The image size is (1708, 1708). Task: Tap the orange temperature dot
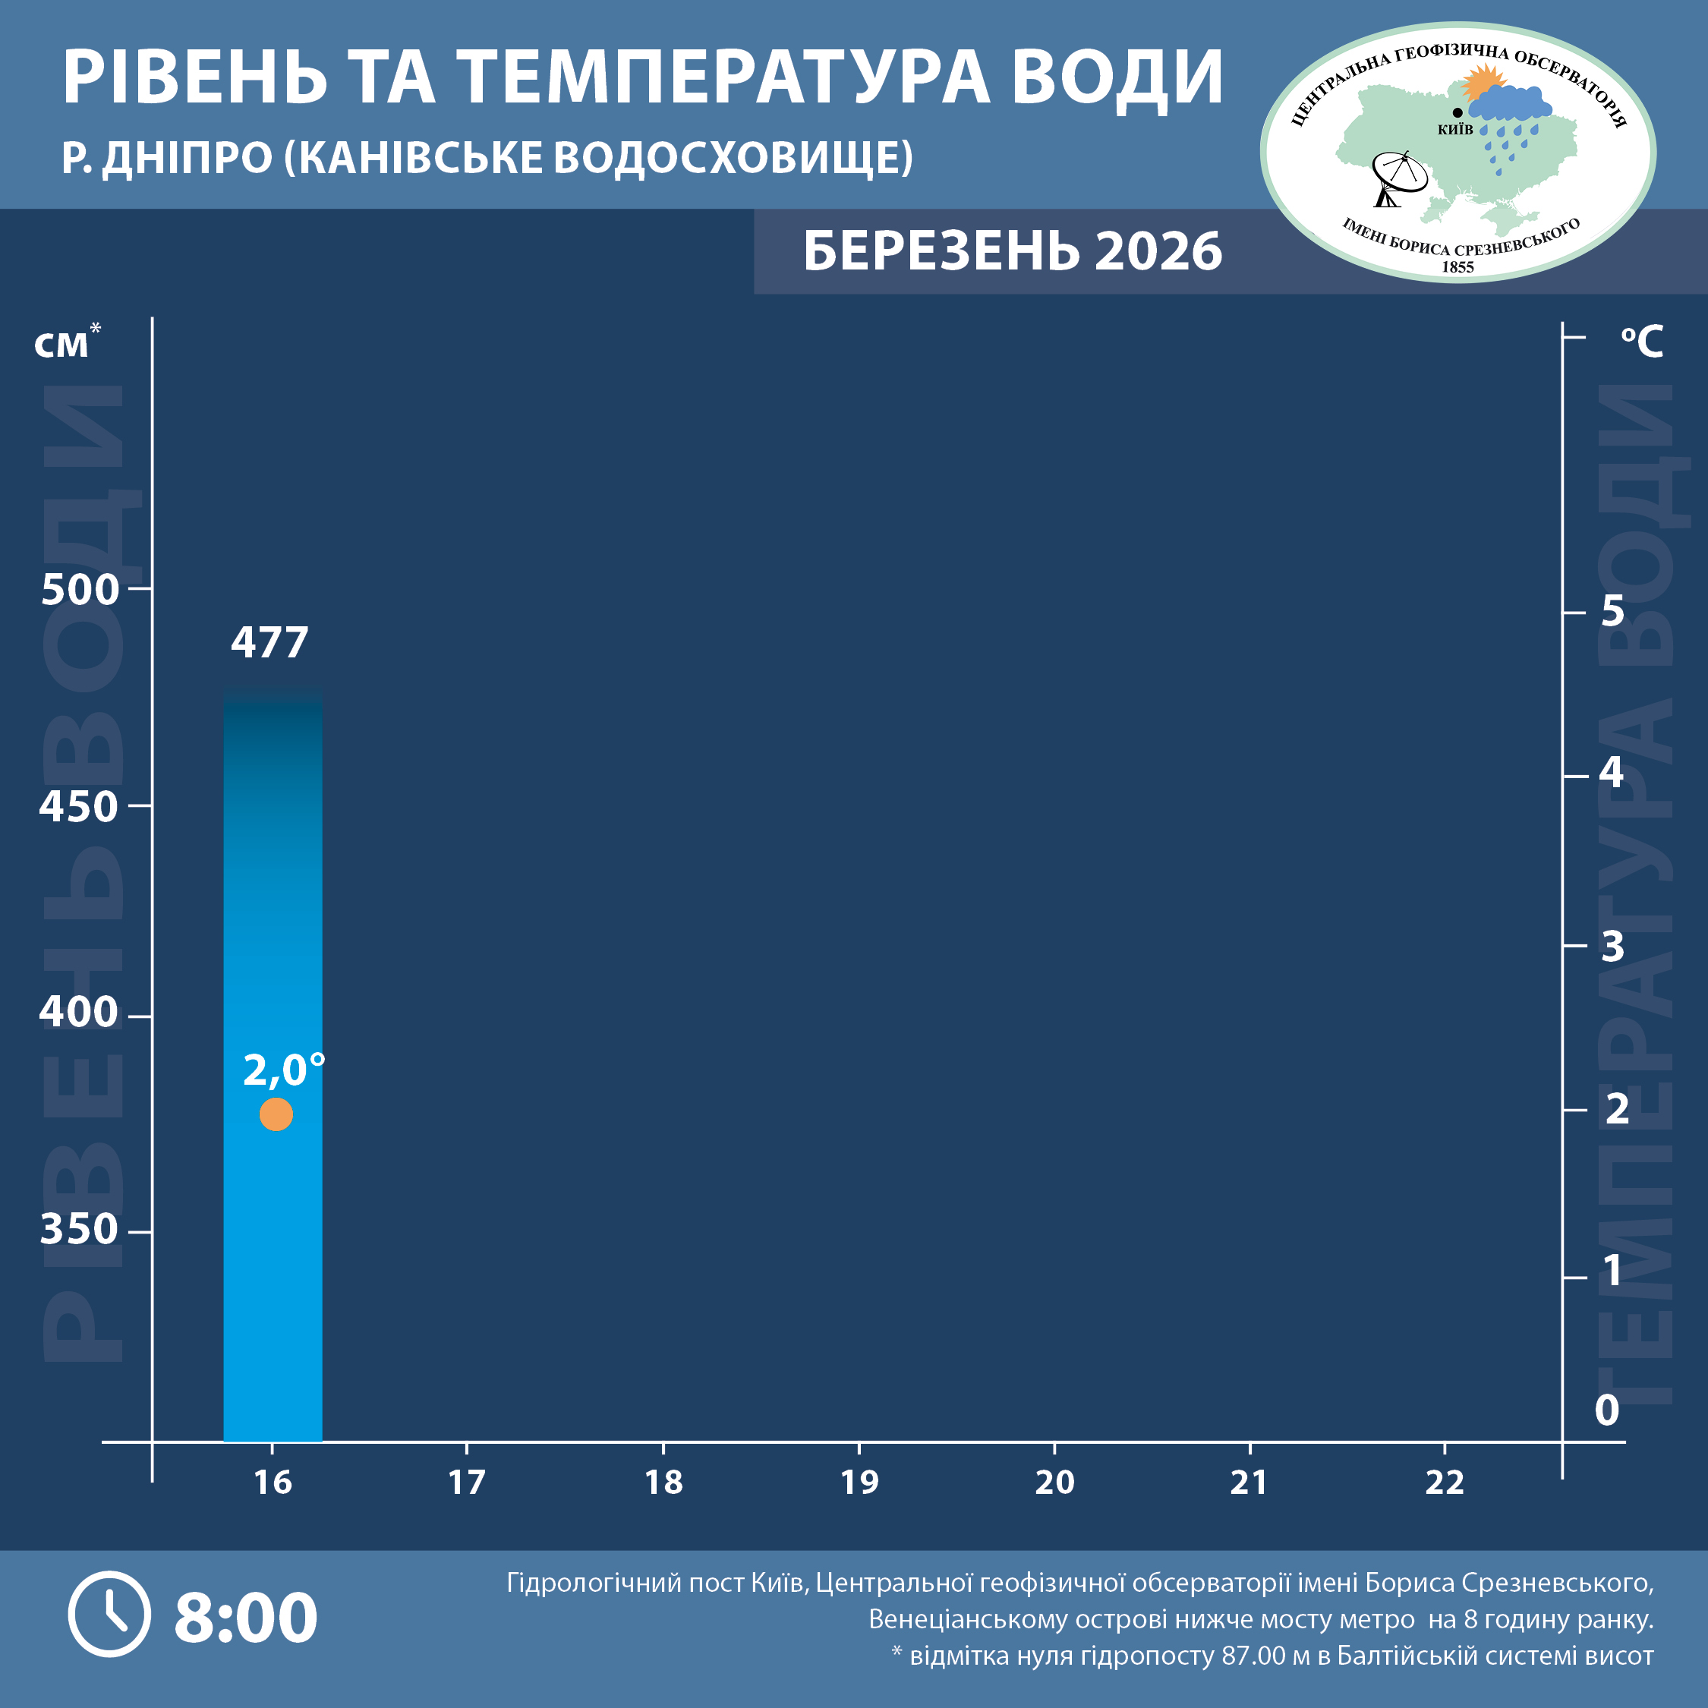pos(276,1114)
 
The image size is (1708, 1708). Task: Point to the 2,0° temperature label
pos(283,1070)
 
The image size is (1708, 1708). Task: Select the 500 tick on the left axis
pos(80,590)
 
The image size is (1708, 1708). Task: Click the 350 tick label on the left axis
pos(79,1229)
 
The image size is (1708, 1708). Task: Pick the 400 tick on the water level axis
pos(79,1011)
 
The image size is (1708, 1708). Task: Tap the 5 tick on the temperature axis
pos(1612,611)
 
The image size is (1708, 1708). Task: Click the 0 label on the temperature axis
pos(1606,1410)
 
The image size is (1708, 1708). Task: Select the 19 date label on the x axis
pos(859,1483)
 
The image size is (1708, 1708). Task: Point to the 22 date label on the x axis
pos(1445,1483)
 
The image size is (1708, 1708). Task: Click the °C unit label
pos(1642,342)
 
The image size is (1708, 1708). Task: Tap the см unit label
pos(63,345)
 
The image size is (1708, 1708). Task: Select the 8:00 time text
pos(246,1617)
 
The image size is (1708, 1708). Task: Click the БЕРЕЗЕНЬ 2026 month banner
pos(1012,251)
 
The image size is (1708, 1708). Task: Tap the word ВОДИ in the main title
pos(1117,77)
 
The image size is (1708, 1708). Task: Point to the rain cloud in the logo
pos(1510,106)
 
